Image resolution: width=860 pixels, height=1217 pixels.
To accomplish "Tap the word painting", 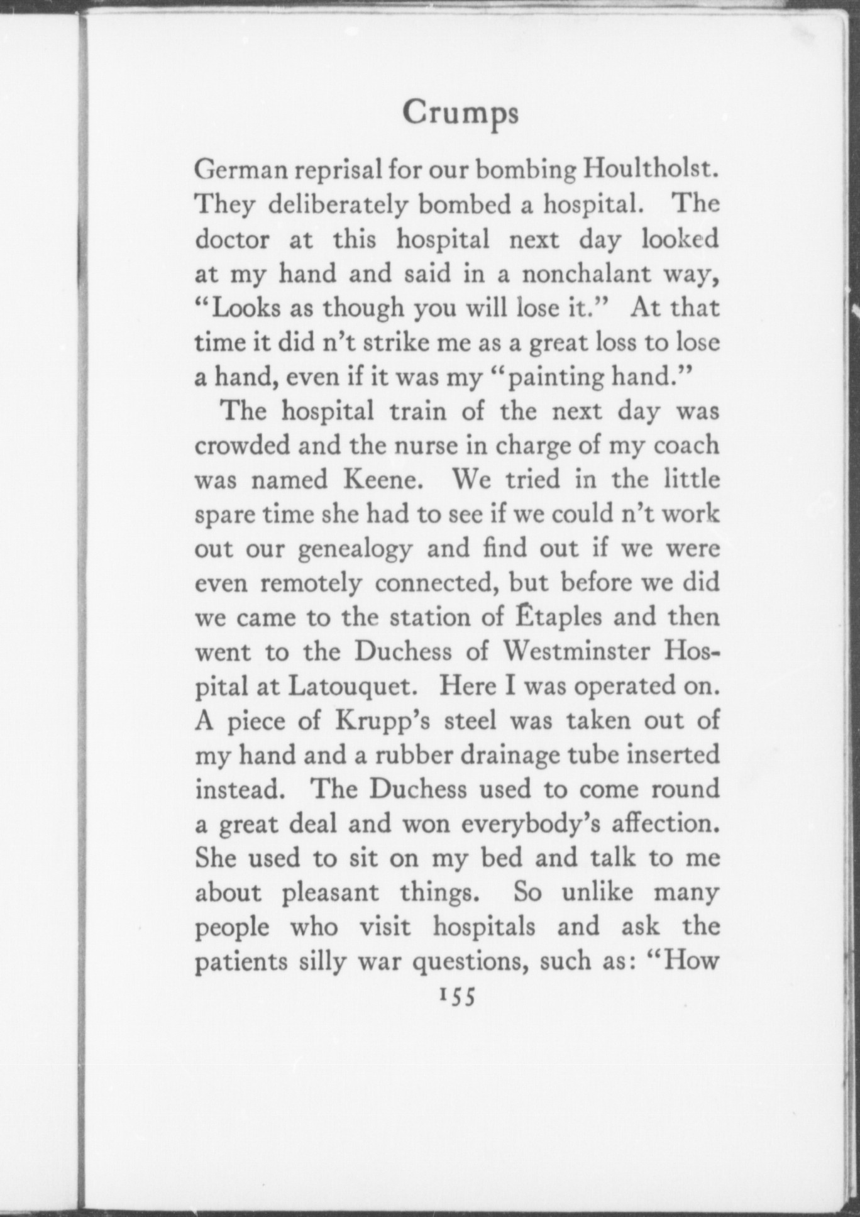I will (x=552, y=378).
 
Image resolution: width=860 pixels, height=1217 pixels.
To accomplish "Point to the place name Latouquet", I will (x=352, y=686).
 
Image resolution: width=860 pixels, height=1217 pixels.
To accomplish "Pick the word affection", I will (x=665, y=823).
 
